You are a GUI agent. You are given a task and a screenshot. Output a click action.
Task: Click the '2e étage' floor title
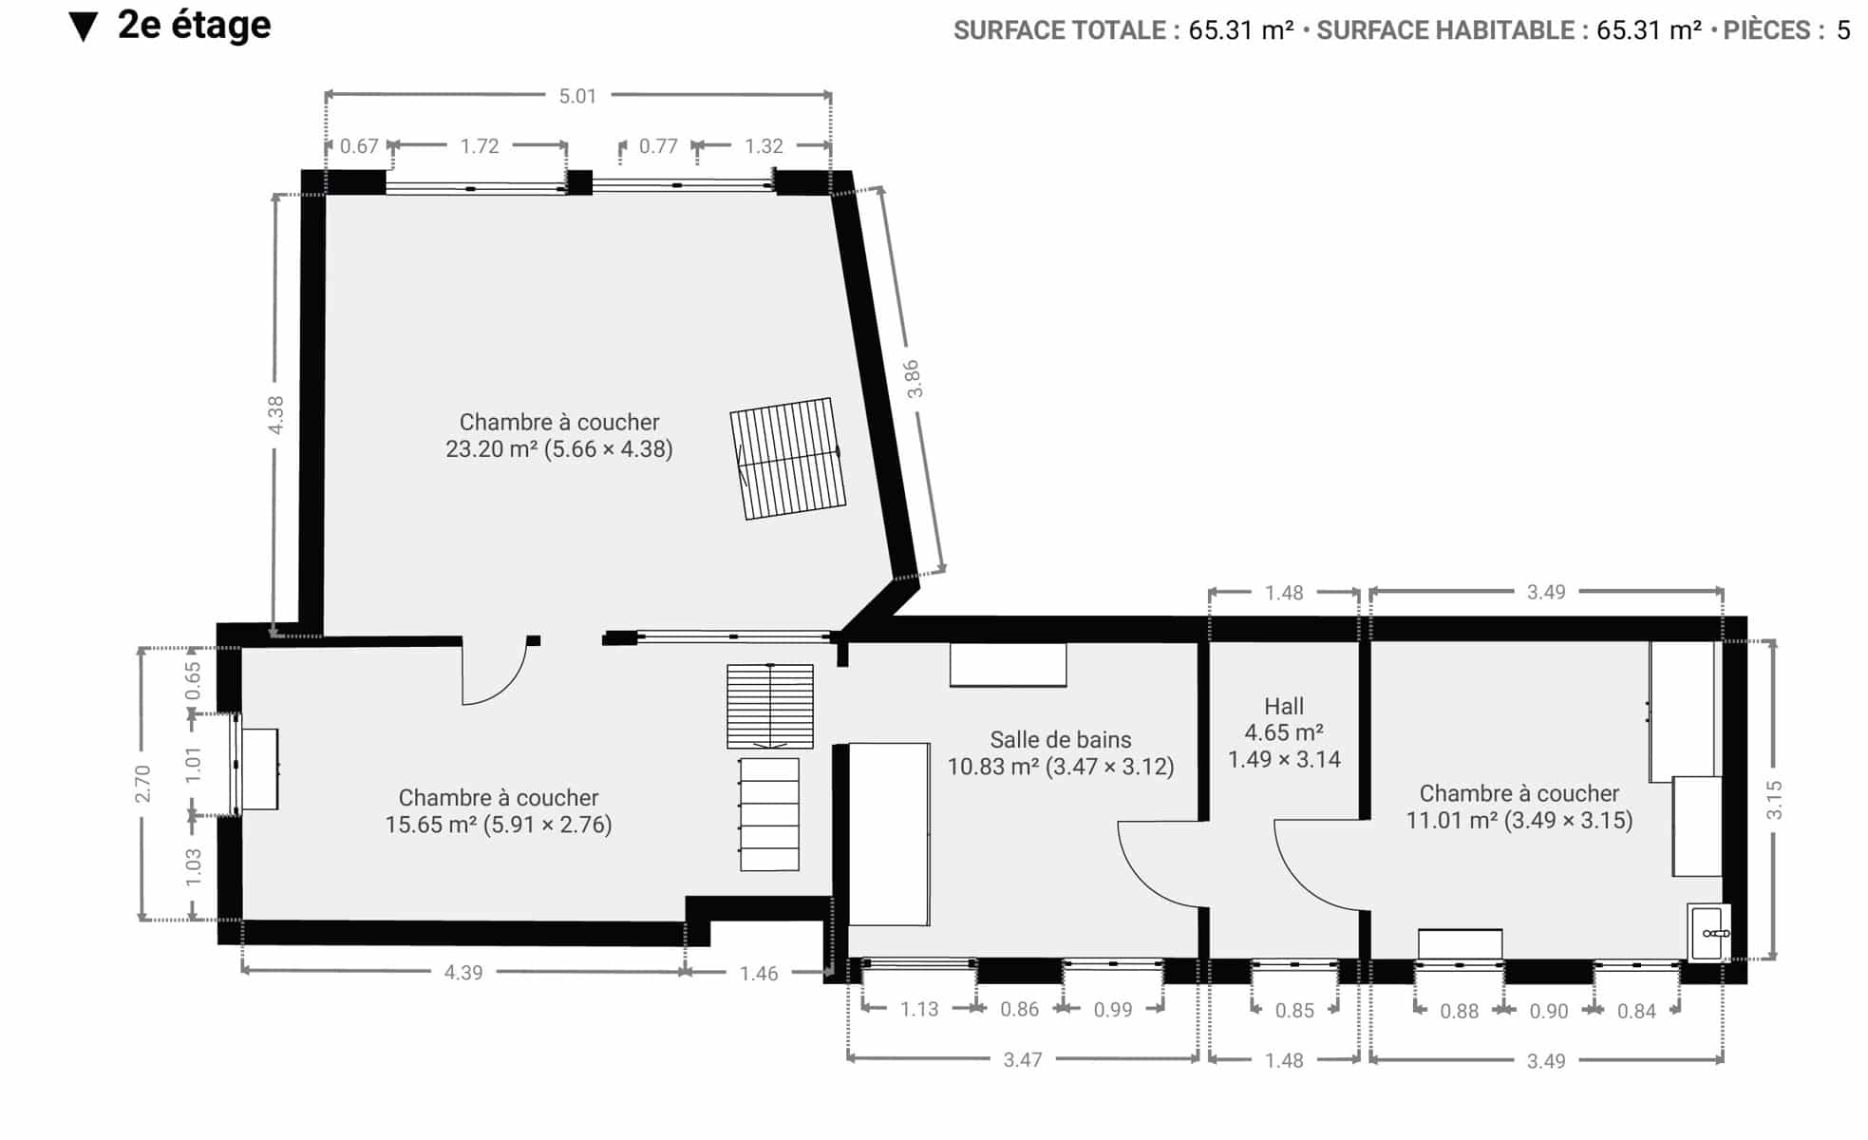coord(195,26)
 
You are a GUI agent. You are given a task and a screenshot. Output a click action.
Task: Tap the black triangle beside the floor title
coord(84,28)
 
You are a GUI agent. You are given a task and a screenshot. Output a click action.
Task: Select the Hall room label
coord(1284,706)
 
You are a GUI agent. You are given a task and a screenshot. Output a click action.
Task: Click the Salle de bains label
coord(1061,739)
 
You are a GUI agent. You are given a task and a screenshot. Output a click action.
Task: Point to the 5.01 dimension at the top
coord(577,95)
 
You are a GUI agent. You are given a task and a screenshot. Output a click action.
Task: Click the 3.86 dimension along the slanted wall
coord(913,379)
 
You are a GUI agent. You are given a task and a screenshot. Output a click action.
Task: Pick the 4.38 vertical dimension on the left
coord(275,415)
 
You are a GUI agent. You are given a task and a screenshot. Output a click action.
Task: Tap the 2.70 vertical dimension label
coord(142,784)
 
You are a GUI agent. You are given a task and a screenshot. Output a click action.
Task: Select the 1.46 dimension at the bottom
coord(759,973)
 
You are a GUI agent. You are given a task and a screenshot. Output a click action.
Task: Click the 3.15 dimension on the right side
coord(1774,800)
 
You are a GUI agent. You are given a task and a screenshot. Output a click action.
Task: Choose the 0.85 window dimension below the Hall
coord(1294,1010)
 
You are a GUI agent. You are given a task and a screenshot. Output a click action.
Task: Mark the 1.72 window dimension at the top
coord(480,145)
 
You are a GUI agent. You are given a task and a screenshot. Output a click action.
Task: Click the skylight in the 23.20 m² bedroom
coord(787,458)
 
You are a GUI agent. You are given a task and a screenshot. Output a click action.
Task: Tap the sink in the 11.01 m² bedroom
coord(1709,932)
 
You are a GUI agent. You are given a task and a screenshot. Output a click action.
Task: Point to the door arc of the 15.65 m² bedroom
coord(510,686)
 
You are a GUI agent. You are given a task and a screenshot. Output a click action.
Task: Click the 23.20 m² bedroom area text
coord(559,448)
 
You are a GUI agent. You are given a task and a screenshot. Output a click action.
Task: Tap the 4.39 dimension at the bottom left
coord(463,972)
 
